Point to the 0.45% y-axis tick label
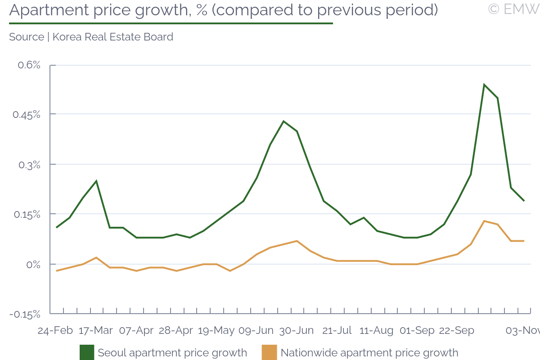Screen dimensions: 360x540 point(26,115)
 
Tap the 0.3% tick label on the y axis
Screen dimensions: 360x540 point(29,165)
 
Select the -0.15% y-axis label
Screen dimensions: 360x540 point(25,314)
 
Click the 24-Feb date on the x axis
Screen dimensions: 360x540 point(55,330)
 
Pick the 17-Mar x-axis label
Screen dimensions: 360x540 point(96,330)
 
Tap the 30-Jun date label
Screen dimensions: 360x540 point(297,330)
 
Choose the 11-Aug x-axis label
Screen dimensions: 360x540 point(377,330)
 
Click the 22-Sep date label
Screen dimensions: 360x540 point(457,330)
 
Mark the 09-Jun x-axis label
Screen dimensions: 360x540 point(256,330)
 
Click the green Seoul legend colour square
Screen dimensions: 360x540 point(87,352)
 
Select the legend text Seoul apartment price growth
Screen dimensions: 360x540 point(172,353)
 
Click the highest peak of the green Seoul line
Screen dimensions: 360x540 point(484,85)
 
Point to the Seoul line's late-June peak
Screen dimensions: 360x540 point(283,121)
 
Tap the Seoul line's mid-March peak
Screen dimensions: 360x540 point(96,181)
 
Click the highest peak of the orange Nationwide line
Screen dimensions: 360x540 point(484,221)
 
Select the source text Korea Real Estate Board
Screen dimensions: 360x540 point(113,37)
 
